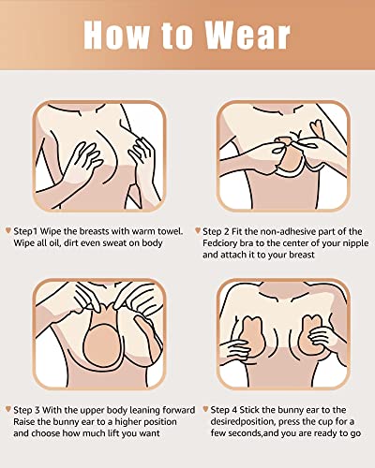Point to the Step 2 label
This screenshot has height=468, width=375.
click(218, 229)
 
